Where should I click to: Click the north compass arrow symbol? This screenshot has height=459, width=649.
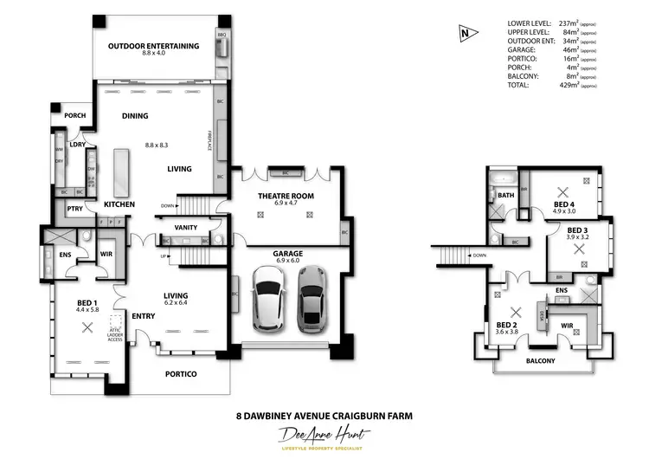tap(466, 34)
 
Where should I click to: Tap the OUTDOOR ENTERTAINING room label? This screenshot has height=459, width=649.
tap(153, 46)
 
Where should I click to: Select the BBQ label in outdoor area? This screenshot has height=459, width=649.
tap(221, 36)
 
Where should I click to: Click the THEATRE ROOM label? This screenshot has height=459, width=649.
tap(286, 197)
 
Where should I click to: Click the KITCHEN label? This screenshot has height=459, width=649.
tap(119, 204)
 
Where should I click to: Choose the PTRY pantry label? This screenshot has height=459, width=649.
tap(74, 209)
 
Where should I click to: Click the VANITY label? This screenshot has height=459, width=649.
tap(186, 228)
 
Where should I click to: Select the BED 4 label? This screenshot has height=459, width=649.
tap(563, 204)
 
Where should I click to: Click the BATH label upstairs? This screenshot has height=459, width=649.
tap(506, 196)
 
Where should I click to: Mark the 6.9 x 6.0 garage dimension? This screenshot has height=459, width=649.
tap(290, 261)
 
